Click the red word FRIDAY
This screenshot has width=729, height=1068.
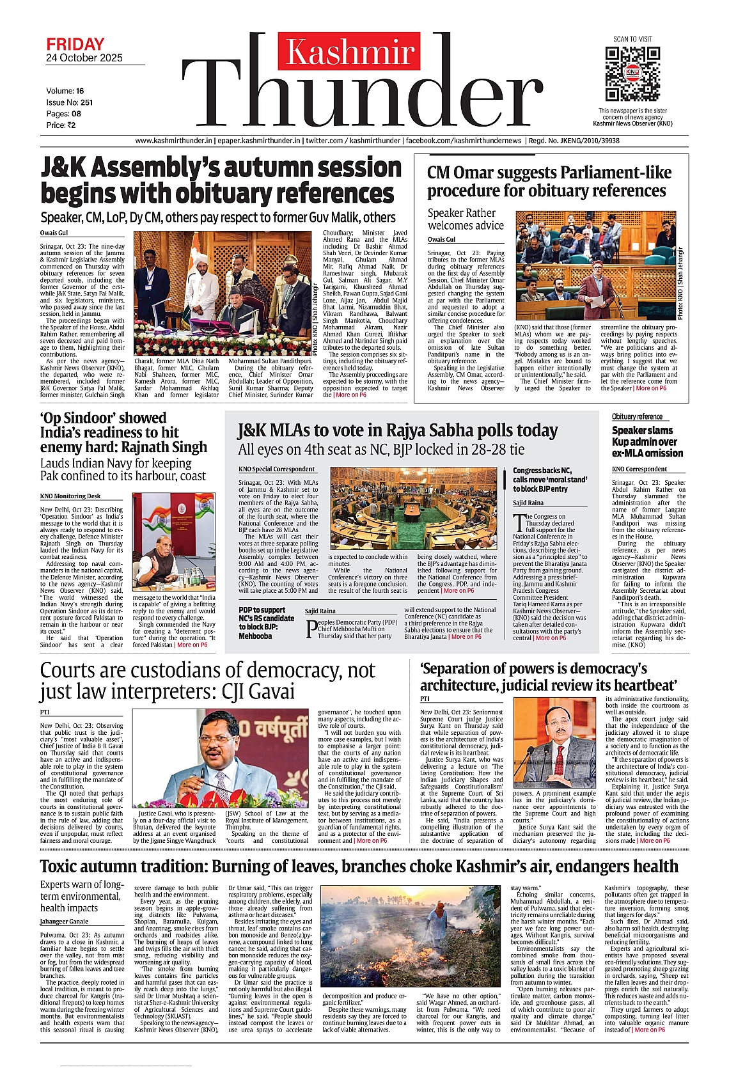point(75,44)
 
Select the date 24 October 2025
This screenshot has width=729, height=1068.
point(84,58)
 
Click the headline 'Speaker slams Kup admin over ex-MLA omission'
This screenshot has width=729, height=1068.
point(647,442)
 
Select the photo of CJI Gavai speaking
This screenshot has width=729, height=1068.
point(221,758)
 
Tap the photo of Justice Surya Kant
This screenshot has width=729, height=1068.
point(554,742)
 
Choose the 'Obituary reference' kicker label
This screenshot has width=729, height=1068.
point(637,417)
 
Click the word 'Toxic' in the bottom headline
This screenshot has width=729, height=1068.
point(62,867)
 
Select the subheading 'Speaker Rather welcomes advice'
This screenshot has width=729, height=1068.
point(466,219)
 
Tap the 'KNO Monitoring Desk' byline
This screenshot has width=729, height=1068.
point(70,496)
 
